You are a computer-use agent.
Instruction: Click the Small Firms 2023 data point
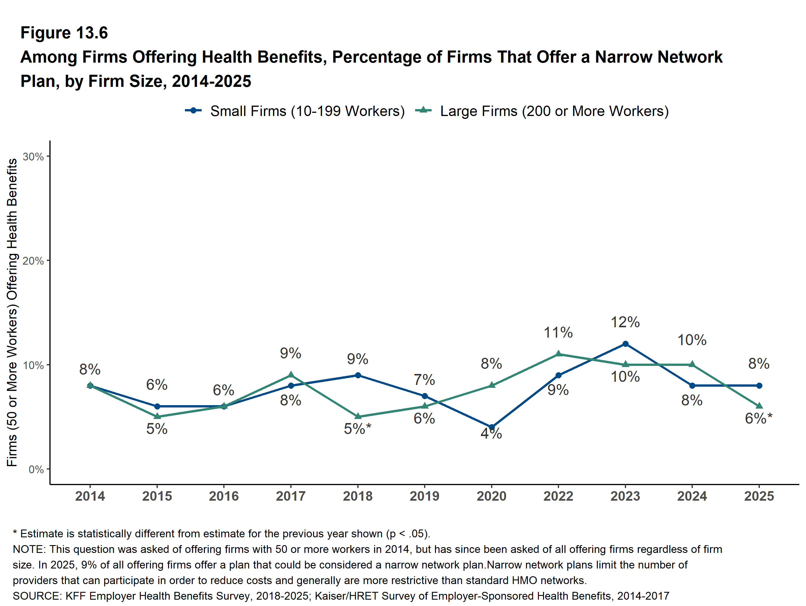(x=625, y=344)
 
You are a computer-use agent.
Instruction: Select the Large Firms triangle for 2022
(x=558, y=354)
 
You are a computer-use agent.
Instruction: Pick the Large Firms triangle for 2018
(x=358, y=416)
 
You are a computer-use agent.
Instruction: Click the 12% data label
(x=625, y=322)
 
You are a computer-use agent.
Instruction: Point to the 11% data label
(x=558, y=333)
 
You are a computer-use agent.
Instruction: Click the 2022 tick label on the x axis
(x=558, y=496)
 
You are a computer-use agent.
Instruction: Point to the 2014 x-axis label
(x=90, y=496)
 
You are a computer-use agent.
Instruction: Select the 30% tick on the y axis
(x=33, y=157)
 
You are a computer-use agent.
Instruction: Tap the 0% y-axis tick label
(x=36, y=470)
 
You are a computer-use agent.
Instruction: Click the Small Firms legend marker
(x=194, y=111)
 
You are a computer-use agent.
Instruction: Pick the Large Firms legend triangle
(x=424, y=110)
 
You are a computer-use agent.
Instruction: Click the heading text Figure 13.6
(x=64, y=33)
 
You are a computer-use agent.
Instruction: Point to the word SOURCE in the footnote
(x=37, y=596)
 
